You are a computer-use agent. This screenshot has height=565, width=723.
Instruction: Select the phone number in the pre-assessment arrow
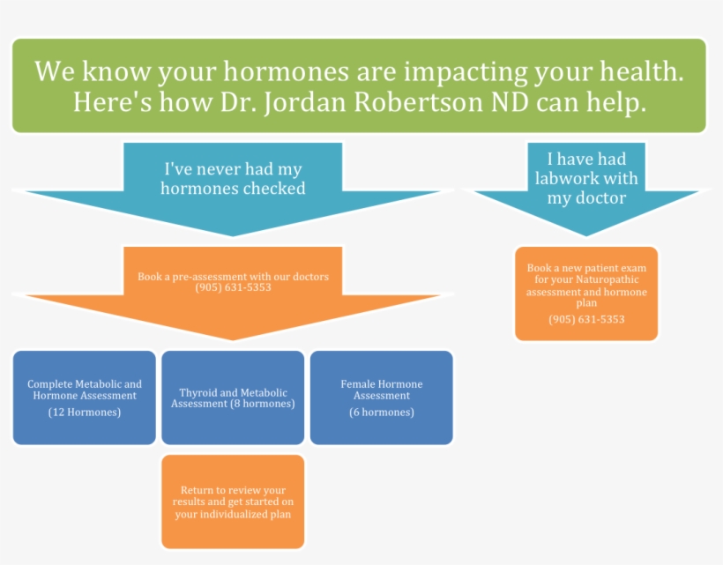pyautogui.click(x=233, y=287)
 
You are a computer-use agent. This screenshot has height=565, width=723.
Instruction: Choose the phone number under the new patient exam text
pyautogui.click(x=585, y=319)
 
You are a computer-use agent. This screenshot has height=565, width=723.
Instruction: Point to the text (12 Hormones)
pyautogui.click(x=85, y=412)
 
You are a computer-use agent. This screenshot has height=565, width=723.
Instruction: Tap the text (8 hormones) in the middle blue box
pyautogui.click(x=262, y=405)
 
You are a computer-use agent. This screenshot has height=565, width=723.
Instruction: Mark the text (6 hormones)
pyautogui.click(x=381, y=412)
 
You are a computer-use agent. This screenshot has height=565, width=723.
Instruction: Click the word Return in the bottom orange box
pyautogui.click(x=198, y=490)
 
